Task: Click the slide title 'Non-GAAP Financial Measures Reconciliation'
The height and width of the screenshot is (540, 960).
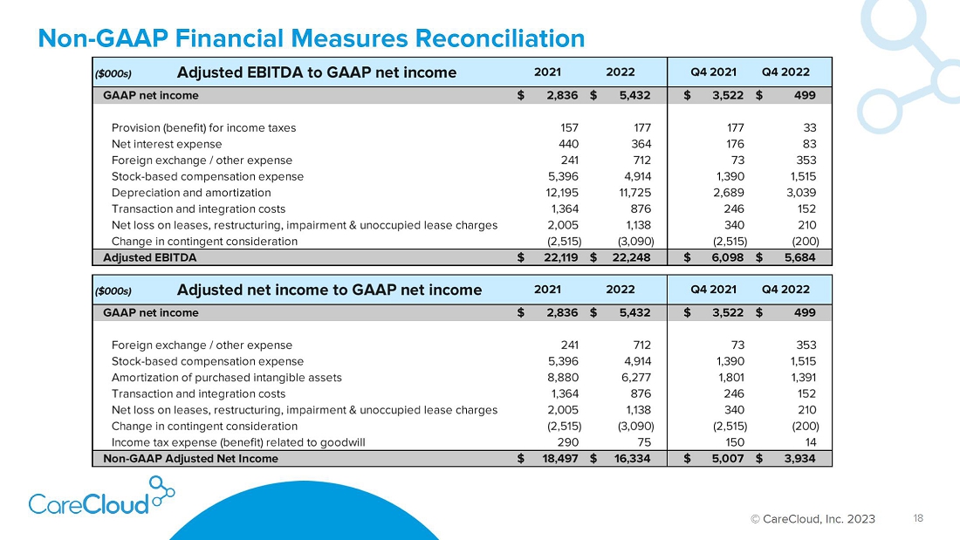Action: pyautogui.click(x=311, y=38)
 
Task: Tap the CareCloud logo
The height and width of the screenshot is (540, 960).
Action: pyautogui.click(x=101, y=496)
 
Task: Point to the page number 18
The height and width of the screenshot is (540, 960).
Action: pyautogui.click(x=918, y=518)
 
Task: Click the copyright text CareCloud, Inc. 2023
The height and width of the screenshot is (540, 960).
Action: pyautogui.click(x=813, y=519)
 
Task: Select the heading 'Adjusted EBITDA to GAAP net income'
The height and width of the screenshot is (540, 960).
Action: pyautogui.click(x=317, y=73)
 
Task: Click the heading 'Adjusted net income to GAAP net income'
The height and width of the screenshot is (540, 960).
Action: pyautogui.click(x=329, y=290)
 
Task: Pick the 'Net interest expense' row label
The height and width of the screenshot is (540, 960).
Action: pyautogui.click(x=167, y=144)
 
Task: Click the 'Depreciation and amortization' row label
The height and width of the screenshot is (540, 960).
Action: pyautogui.click(x=191, y=193)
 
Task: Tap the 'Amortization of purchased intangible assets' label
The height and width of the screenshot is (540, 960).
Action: pyautogui.click(x=227, y=378)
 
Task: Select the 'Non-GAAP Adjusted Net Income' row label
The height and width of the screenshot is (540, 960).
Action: pyautogui.click(x=190, y=459)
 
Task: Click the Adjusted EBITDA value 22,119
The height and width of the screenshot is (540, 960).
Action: pyautogui.click(x=561, y=257)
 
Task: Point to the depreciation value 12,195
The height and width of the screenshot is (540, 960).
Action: pyautogui.click(x=561, y=193)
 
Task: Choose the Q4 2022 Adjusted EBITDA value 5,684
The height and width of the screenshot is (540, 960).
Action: pyautogui.click(x=799, y=257)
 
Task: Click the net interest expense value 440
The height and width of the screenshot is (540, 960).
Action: pyautogui.click(x=568, y=144)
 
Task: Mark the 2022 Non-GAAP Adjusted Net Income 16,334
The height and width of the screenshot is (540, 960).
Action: pyautogui.click(x=633, y=459)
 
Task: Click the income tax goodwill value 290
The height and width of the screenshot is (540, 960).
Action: pyautogui.click(x=568, y=442)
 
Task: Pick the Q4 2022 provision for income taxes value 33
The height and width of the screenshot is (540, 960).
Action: pyautogui.click(x=809, y=128)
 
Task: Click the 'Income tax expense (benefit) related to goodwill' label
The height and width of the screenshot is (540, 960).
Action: pyautogui.click(x=238, y=442)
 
